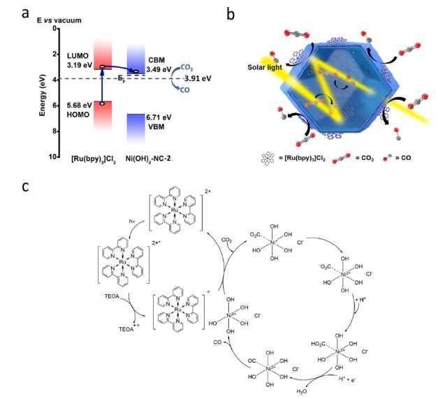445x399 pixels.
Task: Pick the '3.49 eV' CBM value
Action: coord(163,70)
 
